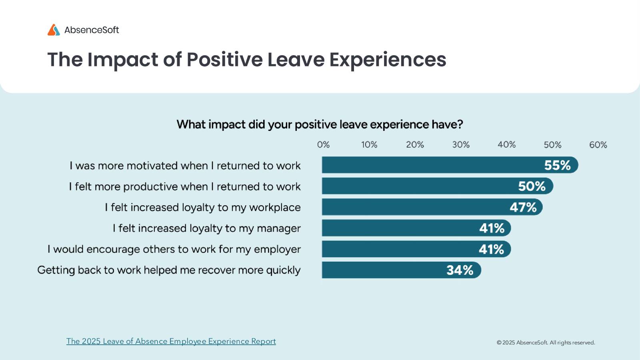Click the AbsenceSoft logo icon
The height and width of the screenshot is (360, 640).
(x=54, y=30)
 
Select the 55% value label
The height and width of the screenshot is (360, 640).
(x=557, y=165)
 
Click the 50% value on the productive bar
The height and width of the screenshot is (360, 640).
(x=532, y=186)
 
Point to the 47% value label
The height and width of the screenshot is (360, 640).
(x=523, y=207)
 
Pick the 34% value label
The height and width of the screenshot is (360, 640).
(x=460, y=270)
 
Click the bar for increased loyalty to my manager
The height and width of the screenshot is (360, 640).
(x=400, y=228)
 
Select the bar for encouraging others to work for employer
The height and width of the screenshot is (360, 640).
(x=400, y=249)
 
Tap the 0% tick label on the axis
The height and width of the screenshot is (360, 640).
(x=323, y=145)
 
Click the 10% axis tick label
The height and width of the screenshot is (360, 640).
(x=369, y=145)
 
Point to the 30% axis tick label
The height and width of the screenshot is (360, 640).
(x=461, y=145)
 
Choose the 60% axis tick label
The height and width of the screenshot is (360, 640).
(x=598, y=145)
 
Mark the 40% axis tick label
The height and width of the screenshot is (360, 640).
(x=506, y=145)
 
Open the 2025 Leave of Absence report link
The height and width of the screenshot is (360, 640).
(x=171, y=341)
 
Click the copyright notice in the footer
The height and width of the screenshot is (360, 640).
(x=546, y=342)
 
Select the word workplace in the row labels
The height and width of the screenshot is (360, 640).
(x=274, y=208)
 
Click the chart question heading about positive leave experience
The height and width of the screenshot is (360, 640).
(x=320, y=124)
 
